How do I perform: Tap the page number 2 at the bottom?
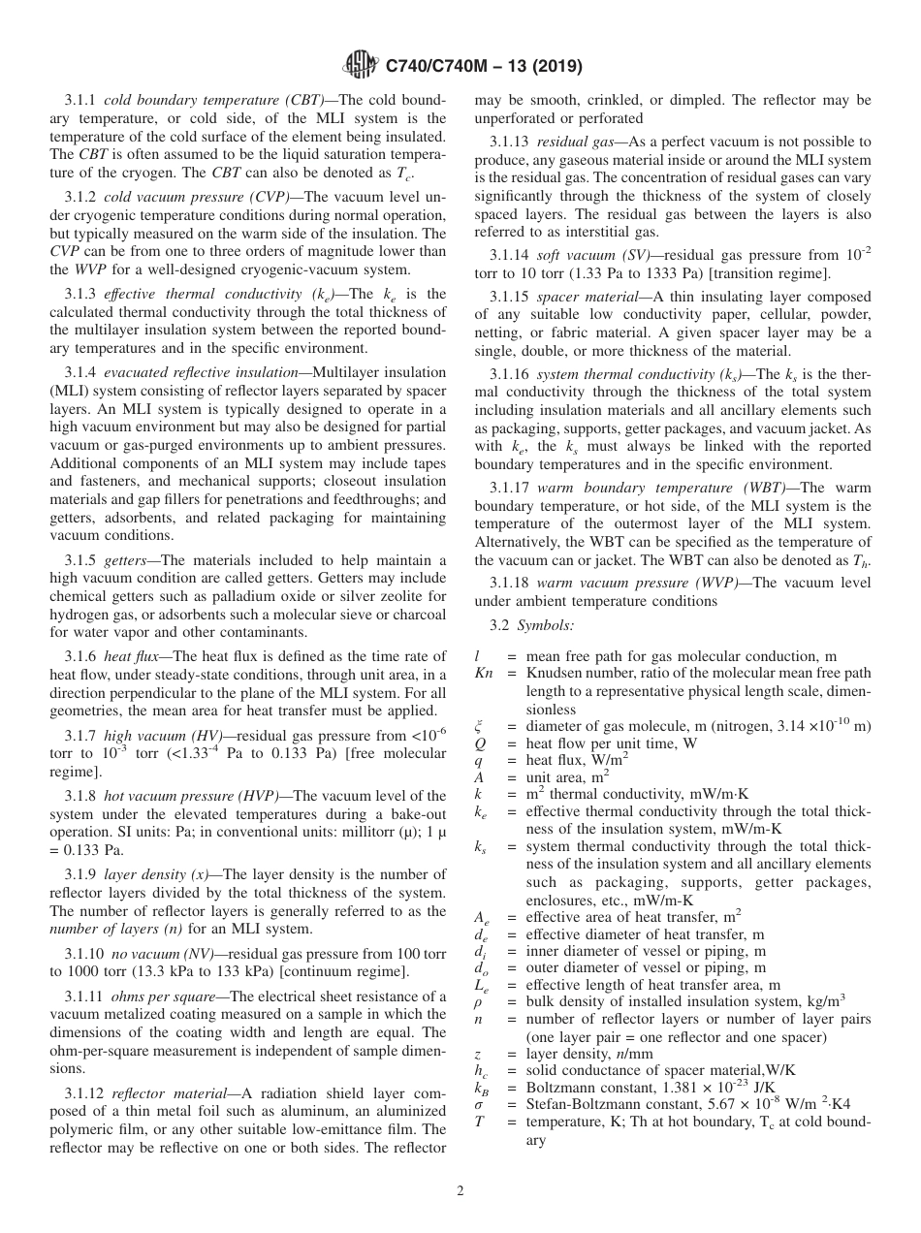click(x=460, y=1190)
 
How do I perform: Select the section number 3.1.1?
click(x=81, y=101)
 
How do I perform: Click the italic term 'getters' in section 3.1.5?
click(x=127, y=561)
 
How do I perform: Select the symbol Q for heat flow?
click(x=480, y=743)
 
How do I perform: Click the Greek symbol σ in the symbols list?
click(x=479, y=1106)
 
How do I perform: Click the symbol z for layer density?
click(x=478, y=1054)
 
